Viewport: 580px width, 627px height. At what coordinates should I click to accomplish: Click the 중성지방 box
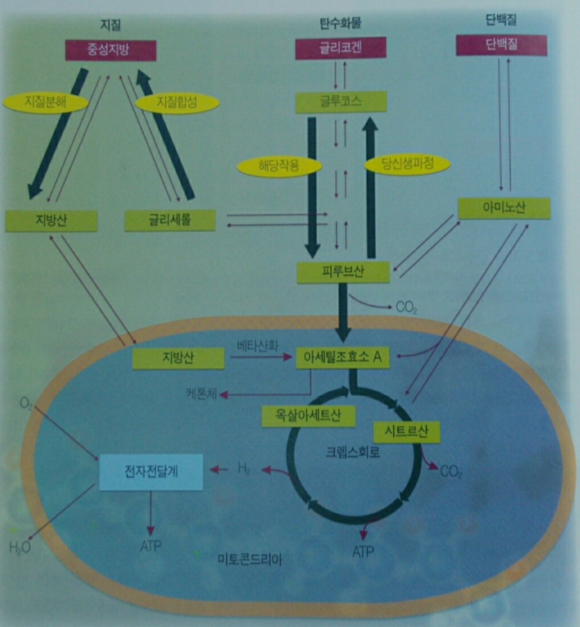(111, 49)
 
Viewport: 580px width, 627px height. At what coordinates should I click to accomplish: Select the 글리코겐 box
(341, 49)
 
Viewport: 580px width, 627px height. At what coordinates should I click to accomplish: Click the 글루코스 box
(341, 101)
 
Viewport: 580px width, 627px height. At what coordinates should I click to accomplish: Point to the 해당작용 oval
(279, 165)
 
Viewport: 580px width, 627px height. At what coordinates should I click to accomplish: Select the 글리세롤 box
(170, 220)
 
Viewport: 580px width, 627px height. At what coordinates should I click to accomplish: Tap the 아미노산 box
(504, 208)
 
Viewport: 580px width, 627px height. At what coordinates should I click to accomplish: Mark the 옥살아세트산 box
(309, 415)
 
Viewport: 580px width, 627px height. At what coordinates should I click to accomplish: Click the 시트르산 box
(407, 430)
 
